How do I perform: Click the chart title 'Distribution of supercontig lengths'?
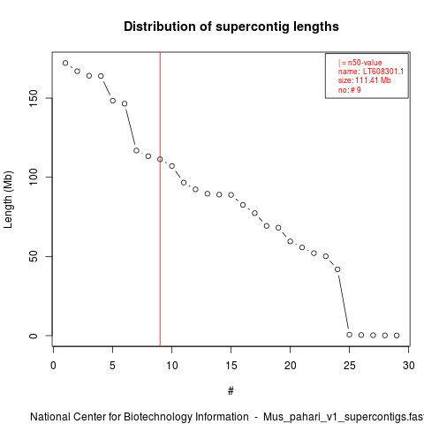click(x=231, y=26)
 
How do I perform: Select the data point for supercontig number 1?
click(x=65, y=63)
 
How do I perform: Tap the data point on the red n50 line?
click(x=160, y=159)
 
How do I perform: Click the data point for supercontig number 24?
click(x=337, y=269)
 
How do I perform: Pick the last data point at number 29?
click(x=397, y=336)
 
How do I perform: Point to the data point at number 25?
click(x=350, y=335)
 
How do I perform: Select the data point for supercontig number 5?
click(x=112, y=101)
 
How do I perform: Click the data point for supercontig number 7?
click(x=136, y=150)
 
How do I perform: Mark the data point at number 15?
click(x=231, y=195)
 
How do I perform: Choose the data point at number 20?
click(x=291, y=241)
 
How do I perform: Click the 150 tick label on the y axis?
click(x=34, y=98)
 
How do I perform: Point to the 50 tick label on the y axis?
click(x=34, y=256)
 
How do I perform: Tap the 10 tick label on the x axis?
click(x=172, y=366)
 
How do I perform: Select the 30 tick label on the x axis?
click(x=409, y=366)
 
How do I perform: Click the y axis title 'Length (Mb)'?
click(x=8, y=200)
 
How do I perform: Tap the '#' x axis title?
click(x=231, y=391)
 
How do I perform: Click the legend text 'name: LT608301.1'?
click(x=371, y=72)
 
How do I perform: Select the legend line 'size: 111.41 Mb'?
click(x=365, y=80)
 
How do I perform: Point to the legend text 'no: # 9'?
click(x=350, y=89)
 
